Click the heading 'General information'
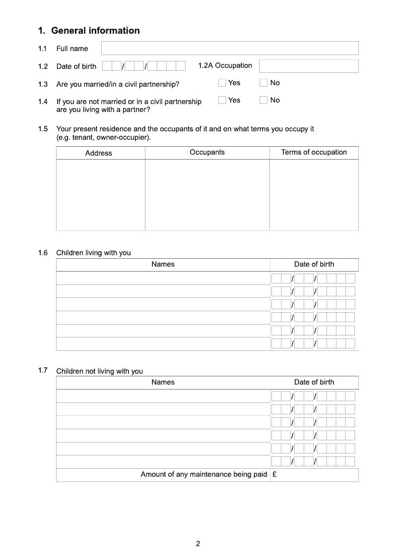tap(95, 31)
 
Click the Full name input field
tap(230, 48)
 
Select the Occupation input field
tap(308, 66)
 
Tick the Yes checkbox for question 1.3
tap(222, 83)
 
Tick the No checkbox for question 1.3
tap(264, 83)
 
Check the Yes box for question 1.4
tap(222, 100)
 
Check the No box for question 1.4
tap(264, 100)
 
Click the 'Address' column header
tap(99, 153)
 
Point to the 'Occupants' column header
tap(207, 152)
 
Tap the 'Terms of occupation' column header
tap(314, 152)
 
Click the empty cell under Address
tap(101, 195)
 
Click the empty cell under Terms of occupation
tap(314, 195)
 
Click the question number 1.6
tap(43, 253)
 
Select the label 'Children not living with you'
tap(99, 371)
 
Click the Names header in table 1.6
tap(163, 264)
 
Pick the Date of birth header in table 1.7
tap(314, 382)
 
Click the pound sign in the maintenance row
tap(274, 474)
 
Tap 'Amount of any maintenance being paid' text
tap(203, 474)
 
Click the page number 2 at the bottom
tap(198, 544)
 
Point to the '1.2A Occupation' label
tap(225, 65)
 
